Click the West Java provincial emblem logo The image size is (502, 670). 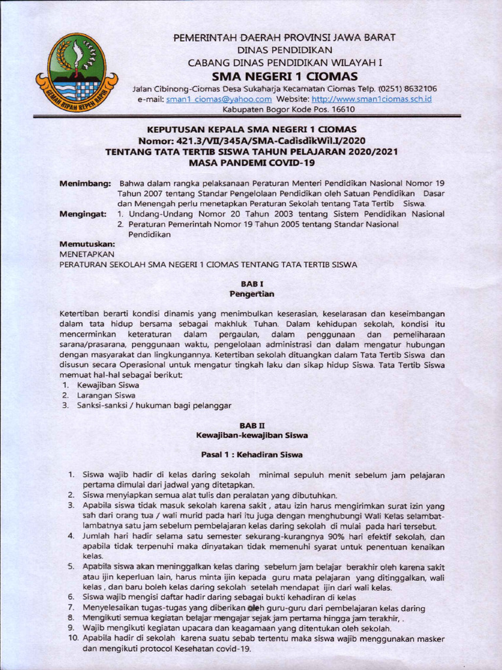point(76,74)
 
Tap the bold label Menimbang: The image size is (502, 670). point(85,184)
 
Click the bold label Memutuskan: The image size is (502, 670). point(87,243)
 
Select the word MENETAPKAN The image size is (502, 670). point(87,253)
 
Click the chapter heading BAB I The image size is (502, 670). point(252,284)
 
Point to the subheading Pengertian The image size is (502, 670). point(252,294)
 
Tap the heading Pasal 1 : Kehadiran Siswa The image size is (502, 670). point(252,453)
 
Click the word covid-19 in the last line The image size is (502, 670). point(235,648)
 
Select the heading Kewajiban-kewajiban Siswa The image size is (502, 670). point(252,434)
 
